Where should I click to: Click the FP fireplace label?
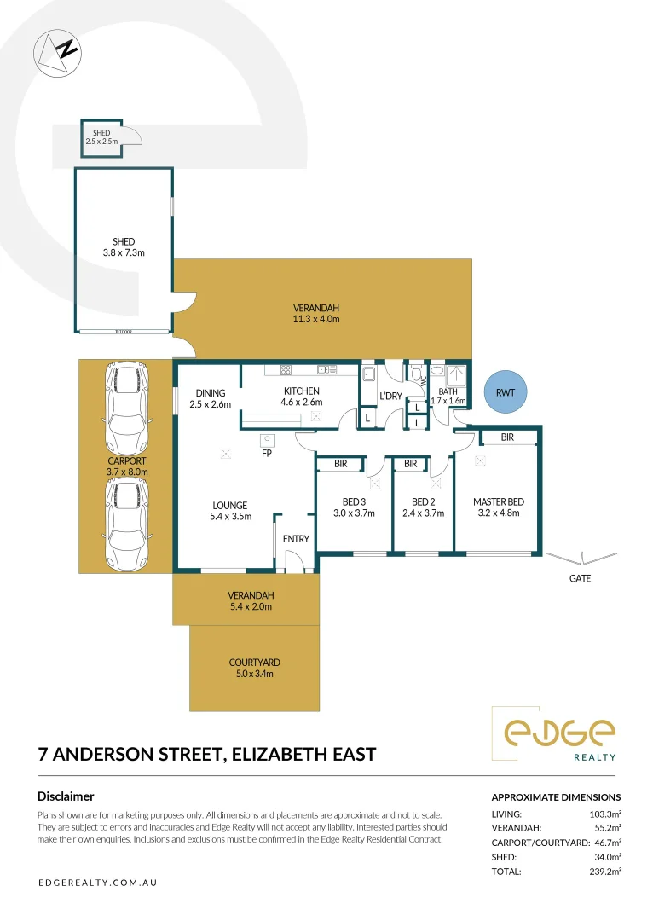[x=267, y=454]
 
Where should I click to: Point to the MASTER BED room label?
[x=499, y=501]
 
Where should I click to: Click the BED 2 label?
[x=424, y=501]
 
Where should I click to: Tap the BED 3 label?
[x=353, y=501]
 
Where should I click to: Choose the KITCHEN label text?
[x=302, y=391]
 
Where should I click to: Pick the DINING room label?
[x=211, y=393]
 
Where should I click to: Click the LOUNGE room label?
[x=230, y=505]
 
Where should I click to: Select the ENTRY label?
[x=296, y=539]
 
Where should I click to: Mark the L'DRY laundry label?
[x=391, y=396]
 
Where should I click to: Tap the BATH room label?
[x=448, y=391]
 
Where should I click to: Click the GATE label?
[x=580, y=578]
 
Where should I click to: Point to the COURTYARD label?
[x=254, y=663]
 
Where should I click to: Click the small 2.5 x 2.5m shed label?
[x=101, y=133]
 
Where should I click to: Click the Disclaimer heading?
[x=66, y=796]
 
